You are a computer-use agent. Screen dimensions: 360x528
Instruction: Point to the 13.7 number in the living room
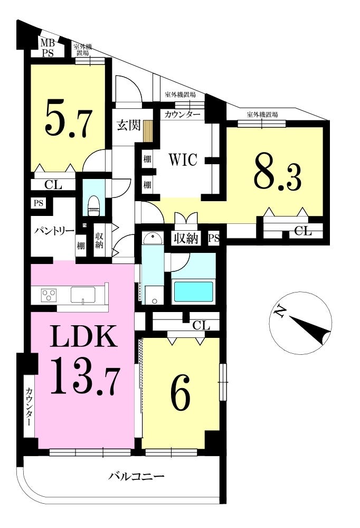coord(84,375)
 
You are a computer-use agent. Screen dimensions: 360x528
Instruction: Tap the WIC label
coord(183,159)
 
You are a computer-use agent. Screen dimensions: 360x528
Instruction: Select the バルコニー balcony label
coord(136,476)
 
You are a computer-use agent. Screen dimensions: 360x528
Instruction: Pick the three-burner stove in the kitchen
coord(49,295)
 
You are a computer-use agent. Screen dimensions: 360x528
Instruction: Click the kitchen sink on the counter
coord(83,295)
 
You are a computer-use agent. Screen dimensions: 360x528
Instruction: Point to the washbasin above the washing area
coord(153,239)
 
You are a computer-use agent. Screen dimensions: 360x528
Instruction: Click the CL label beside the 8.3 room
coord(303,231)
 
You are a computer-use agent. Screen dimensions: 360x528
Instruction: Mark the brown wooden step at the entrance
coord(148,131)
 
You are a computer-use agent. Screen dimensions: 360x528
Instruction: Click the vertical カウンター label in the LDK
coord(29,407)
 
